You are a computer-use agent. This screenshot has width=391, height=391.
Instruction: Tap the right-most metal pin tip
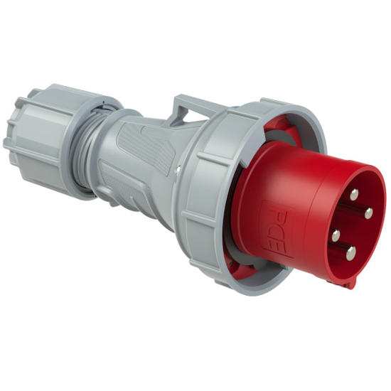(x=369, y=212)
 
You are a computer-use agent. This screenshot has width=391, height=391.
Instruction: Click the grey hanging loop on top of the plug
(x=188, y=110)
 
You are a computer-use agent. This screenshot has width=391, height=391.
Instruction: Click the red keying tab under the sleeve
(x=348, y=283)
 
